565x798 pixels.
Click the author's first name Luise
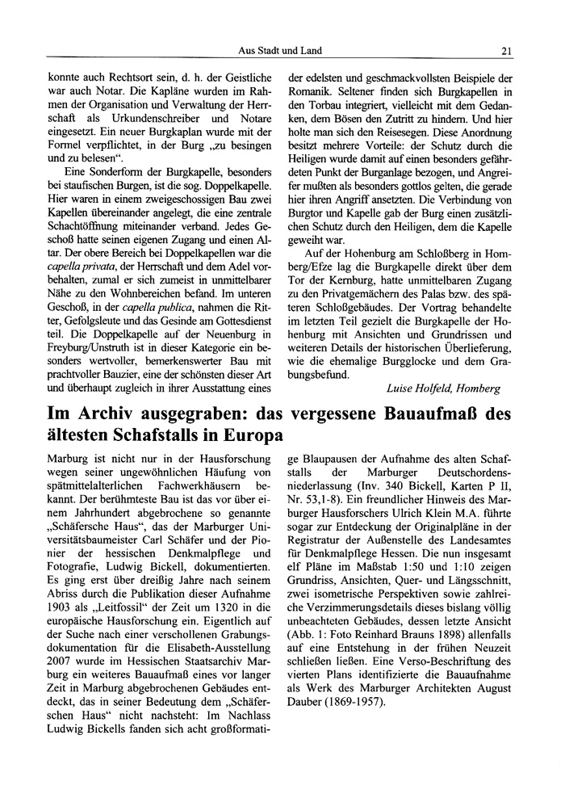pos(404,388)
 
